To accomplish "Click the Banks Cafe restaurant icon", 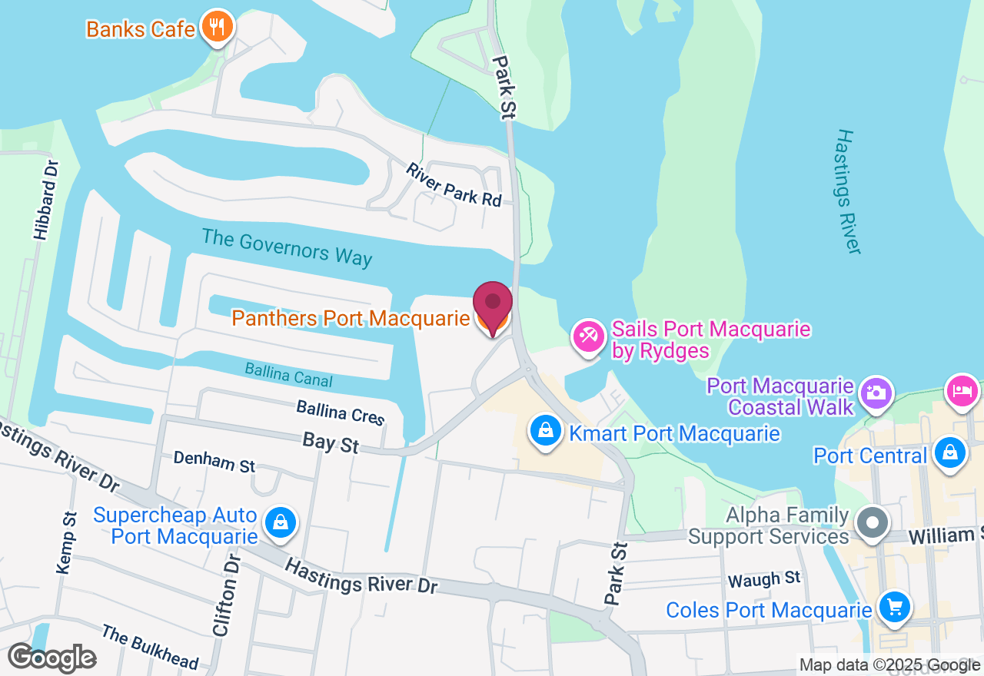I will click(218, 28).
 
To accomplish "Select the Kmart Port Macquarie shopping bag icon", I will click(545, 430).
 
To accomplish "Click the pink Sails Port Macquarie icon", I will click(589, 336).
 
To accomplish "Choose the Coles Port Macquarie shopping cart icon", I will click(894, 607).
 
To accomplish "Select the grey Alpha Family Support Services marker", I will click(872, 524).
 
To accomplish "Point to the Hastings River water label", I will click(847, 191).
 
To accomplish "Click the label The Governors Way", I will click(287, 247).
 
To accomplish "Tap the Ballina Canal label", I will click(288, 375).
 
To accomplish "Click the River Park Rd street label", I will click(454, 184).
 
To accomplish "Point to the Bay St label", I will click(331, 442).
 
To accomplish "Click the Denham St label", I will click(214, 462).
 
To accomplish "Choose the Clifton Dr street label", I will click(226, 595).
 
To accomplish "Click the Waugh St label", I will click(764, 580).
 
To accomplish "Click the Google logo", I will click(52, 658).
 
